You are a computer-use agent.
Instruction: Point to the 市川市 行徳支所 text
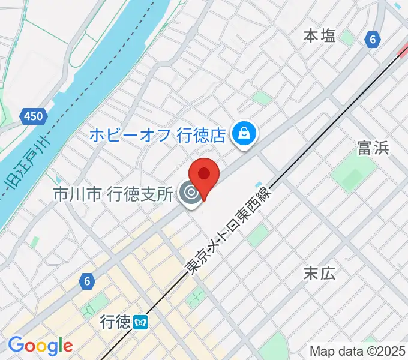pos(113,194)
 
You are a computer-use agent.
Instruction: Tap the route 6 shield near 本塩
pos(373,40)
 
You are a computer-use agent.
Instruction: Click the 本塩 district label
pos(319,36)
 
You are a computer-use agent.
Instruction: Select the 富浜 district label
pos(373,148)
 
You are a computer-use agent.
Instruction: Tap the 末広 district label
pos(319,274)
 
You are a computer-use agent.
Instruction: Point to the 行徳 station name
pos(116,323)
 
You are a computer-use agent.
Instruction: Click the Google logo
pos(40,346)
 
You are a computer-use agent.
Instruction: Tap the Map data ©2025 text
pos(356,351)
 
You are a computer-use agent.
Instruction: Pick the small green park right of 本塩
pos(347,38)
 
